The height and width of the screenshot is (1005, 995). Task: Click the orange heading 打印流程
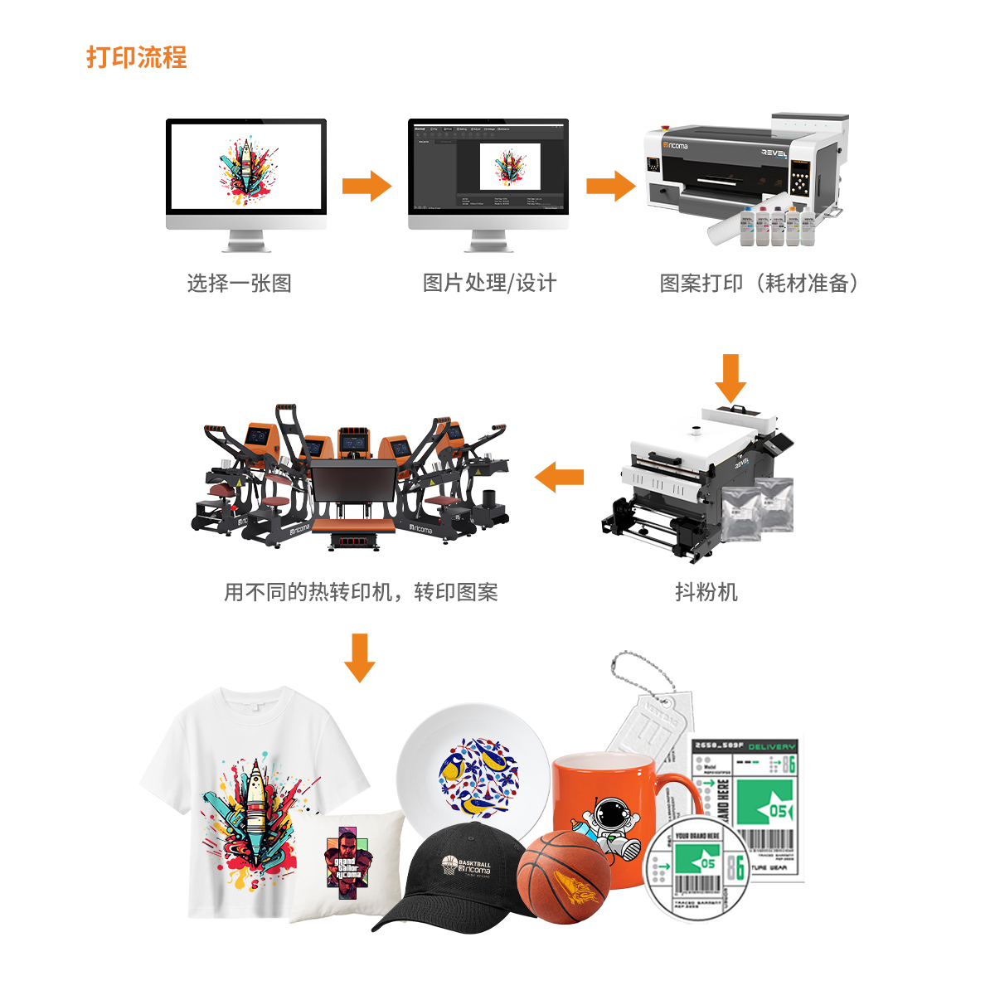pos(137,57)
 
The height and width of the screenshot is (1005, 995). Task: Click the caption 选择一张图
pos(239,284)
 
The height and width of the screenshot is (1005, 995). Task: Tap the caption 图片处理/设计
pos(489,284)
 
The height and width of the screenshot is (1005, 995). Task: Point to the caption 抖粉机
pos(706,592)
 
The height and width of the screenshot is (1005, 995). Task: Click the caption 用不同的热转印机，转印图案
pos(361,592)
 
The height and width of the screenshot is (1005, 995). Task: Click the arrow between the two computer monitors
pos(366,186)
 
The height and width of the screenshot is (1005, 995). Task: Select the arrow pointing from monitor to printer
pos(611,186)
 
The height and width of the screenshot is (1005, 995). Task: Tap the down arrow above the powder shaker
pos(730,378)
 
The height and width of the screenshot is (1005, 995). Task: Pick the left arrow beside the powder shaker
pos(560,477)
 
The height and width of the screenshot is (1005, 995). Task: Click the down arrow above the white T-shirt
pos(359,658)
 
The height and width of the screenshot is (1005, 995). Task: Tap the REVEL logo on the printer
pos(774,153)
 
